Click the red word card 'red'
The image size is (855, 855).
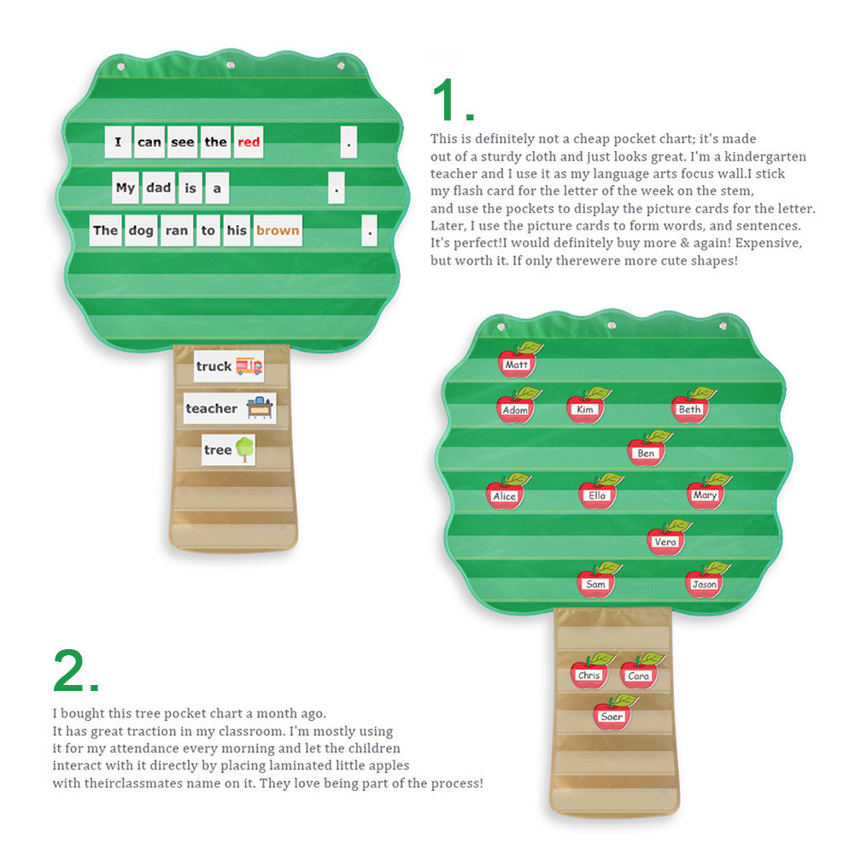click(249, 143)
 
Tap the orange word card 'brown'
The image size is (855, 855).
click(278, 231)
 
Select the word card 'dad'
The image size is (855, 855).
click(158, 188)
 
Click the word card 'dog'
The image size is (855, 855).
click(141, 231)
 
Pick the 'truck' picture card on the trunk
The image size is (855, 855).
click(228, 366)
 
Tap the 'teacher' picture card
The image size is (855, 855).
click(230, 408)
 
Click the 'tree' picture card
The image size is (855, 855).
click(229, 449)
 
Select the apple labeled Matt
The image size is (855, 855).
click(517, 362)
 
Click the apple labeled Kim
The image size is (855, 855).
click(586, 407)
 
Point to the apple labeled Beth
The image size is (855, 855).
click(690, 407)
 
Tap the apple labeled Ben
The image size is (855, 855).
click(647, 450)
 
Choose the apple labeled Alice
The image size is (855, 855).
click(505, 494)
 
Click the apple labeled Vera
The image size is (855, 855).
click(665, 540)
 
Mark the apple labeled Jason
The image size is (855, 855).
click(705, 582)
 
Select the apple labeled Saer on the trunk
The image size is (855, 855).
click(612, 714)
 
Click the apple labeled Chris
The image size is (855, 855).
click(589, 673)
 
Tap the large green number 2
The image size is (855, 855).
click(75, 671)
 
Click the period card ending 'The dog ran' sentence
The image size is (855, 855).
click(369, 231)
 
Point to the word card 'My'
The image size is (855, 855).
click(126, 188)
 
